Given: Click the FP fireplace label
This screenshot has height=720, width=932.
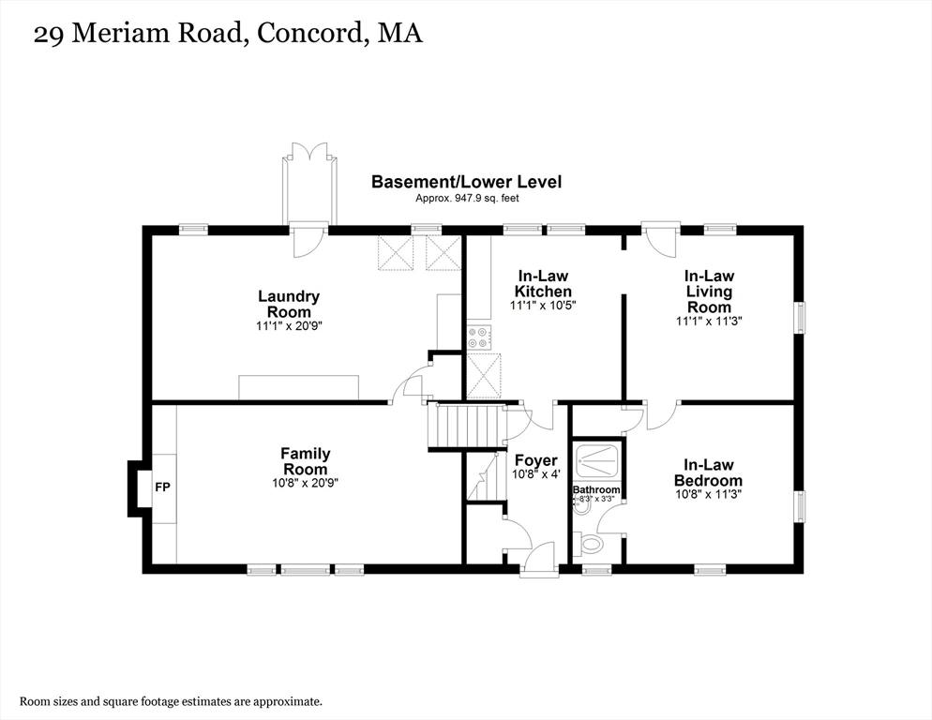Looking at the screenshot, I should tap(162, 487).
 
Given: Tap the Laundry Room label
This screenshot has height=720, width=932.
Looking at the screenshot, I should tap(289, 304).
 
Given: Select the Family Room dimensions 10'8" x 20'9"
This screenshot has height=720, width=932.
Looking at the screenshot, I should tap(305, 484).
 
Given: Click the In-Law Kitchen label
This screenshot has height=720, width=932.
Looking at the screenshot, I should tap(544, 283).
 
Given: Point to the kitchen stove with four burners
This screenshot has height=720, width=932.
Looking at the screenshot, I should tap(478, 337).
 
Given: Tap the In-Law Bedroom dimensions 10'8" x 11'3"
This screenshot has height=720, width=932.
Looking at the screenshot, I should tap(708, 494).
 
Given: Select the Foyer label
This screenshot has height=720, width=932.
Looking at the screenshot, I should tap(536, 460).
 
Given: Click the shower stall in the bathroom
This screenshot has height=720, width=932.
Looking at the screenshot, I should tap(597, 458).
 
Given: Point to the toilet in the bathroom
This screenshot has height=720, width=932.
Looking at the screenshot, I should tap(591, 543).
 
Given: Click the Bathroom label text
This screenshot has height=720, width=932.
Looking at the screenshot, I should tap(596, 489).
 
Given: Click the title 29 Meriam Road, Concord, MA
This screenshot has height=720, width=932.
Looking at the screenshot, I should tap(228, 35).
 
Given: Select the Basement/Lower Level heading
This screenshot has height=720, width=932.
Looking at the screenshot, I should tap(466, 182).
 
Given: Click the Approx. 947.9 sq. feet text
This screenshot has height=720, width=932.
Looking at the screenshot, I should tap(466, 198).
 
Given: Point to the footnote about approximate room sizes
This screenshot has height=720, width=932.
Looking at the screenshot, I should tap(171, 700).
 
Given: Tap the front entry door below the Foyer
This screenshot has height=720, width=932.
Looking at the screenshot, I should tap(537, 562).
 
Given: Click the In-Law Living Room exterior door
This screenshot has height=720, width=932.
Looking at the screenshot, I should tap(660, 239).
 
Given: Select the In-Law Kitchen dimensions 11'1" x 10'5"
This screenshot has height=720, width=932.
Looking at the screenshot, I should tap(544, 306).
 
